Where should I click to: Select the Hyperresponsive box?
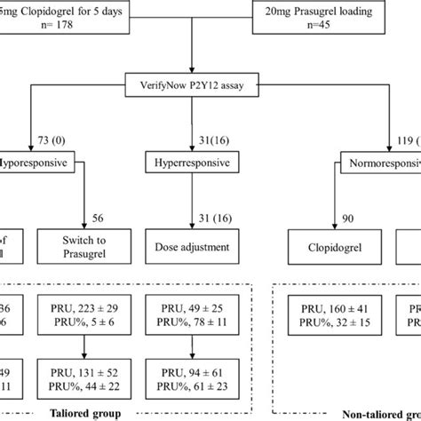point(194,164)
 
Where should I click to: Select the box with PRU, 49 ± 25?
point(194,314)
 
